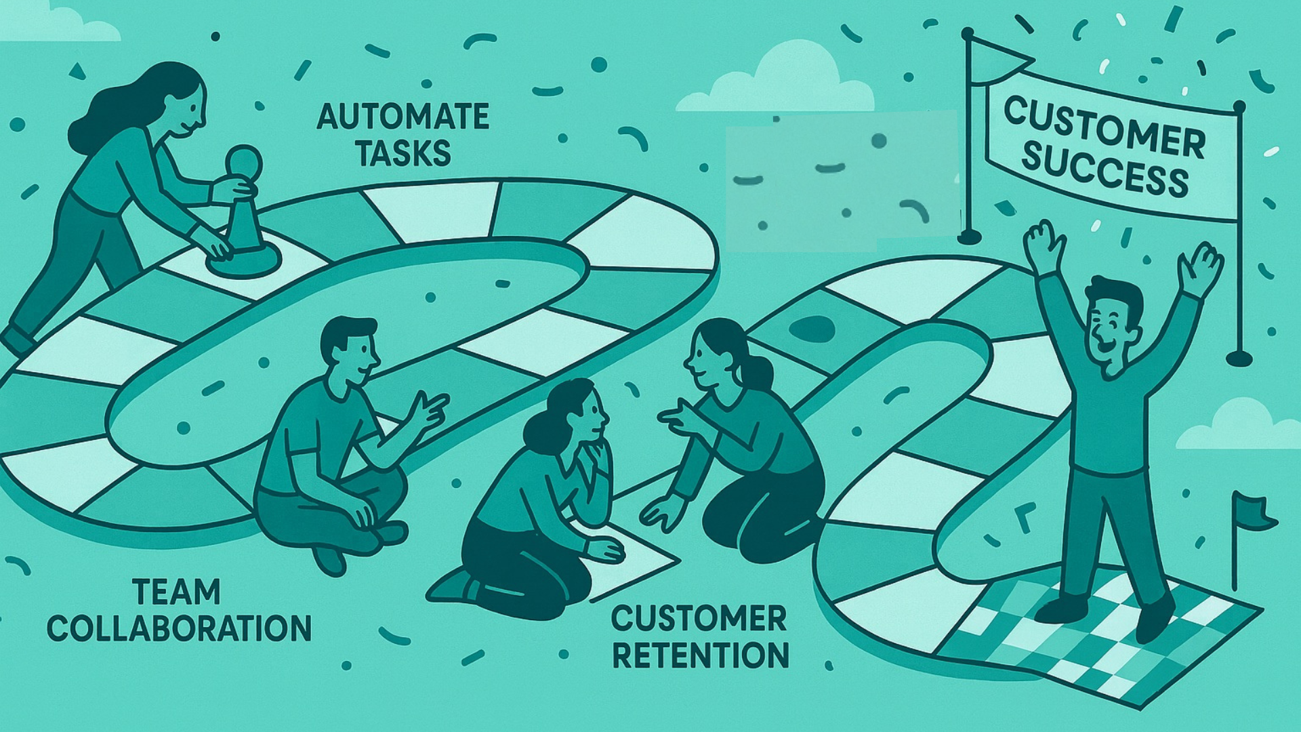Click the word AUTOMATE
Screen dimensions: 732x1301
[x=402, y=117]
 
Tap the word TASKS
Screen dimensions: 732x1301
[x=402, y=154]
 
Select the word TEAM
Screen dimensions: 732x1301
[x=177, y=592]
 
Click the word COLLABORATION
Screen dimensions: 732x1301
[x=179, y=628]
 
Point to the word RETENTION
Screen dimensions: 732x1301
[x=700, y=655]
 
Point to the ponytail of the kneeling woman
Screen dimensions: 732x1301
[x=760, y=372]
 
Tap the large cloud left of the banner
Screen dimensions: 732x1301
[x=786, y=81]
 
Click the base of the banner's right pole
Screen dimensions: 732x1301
[x=1239, y=358]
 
